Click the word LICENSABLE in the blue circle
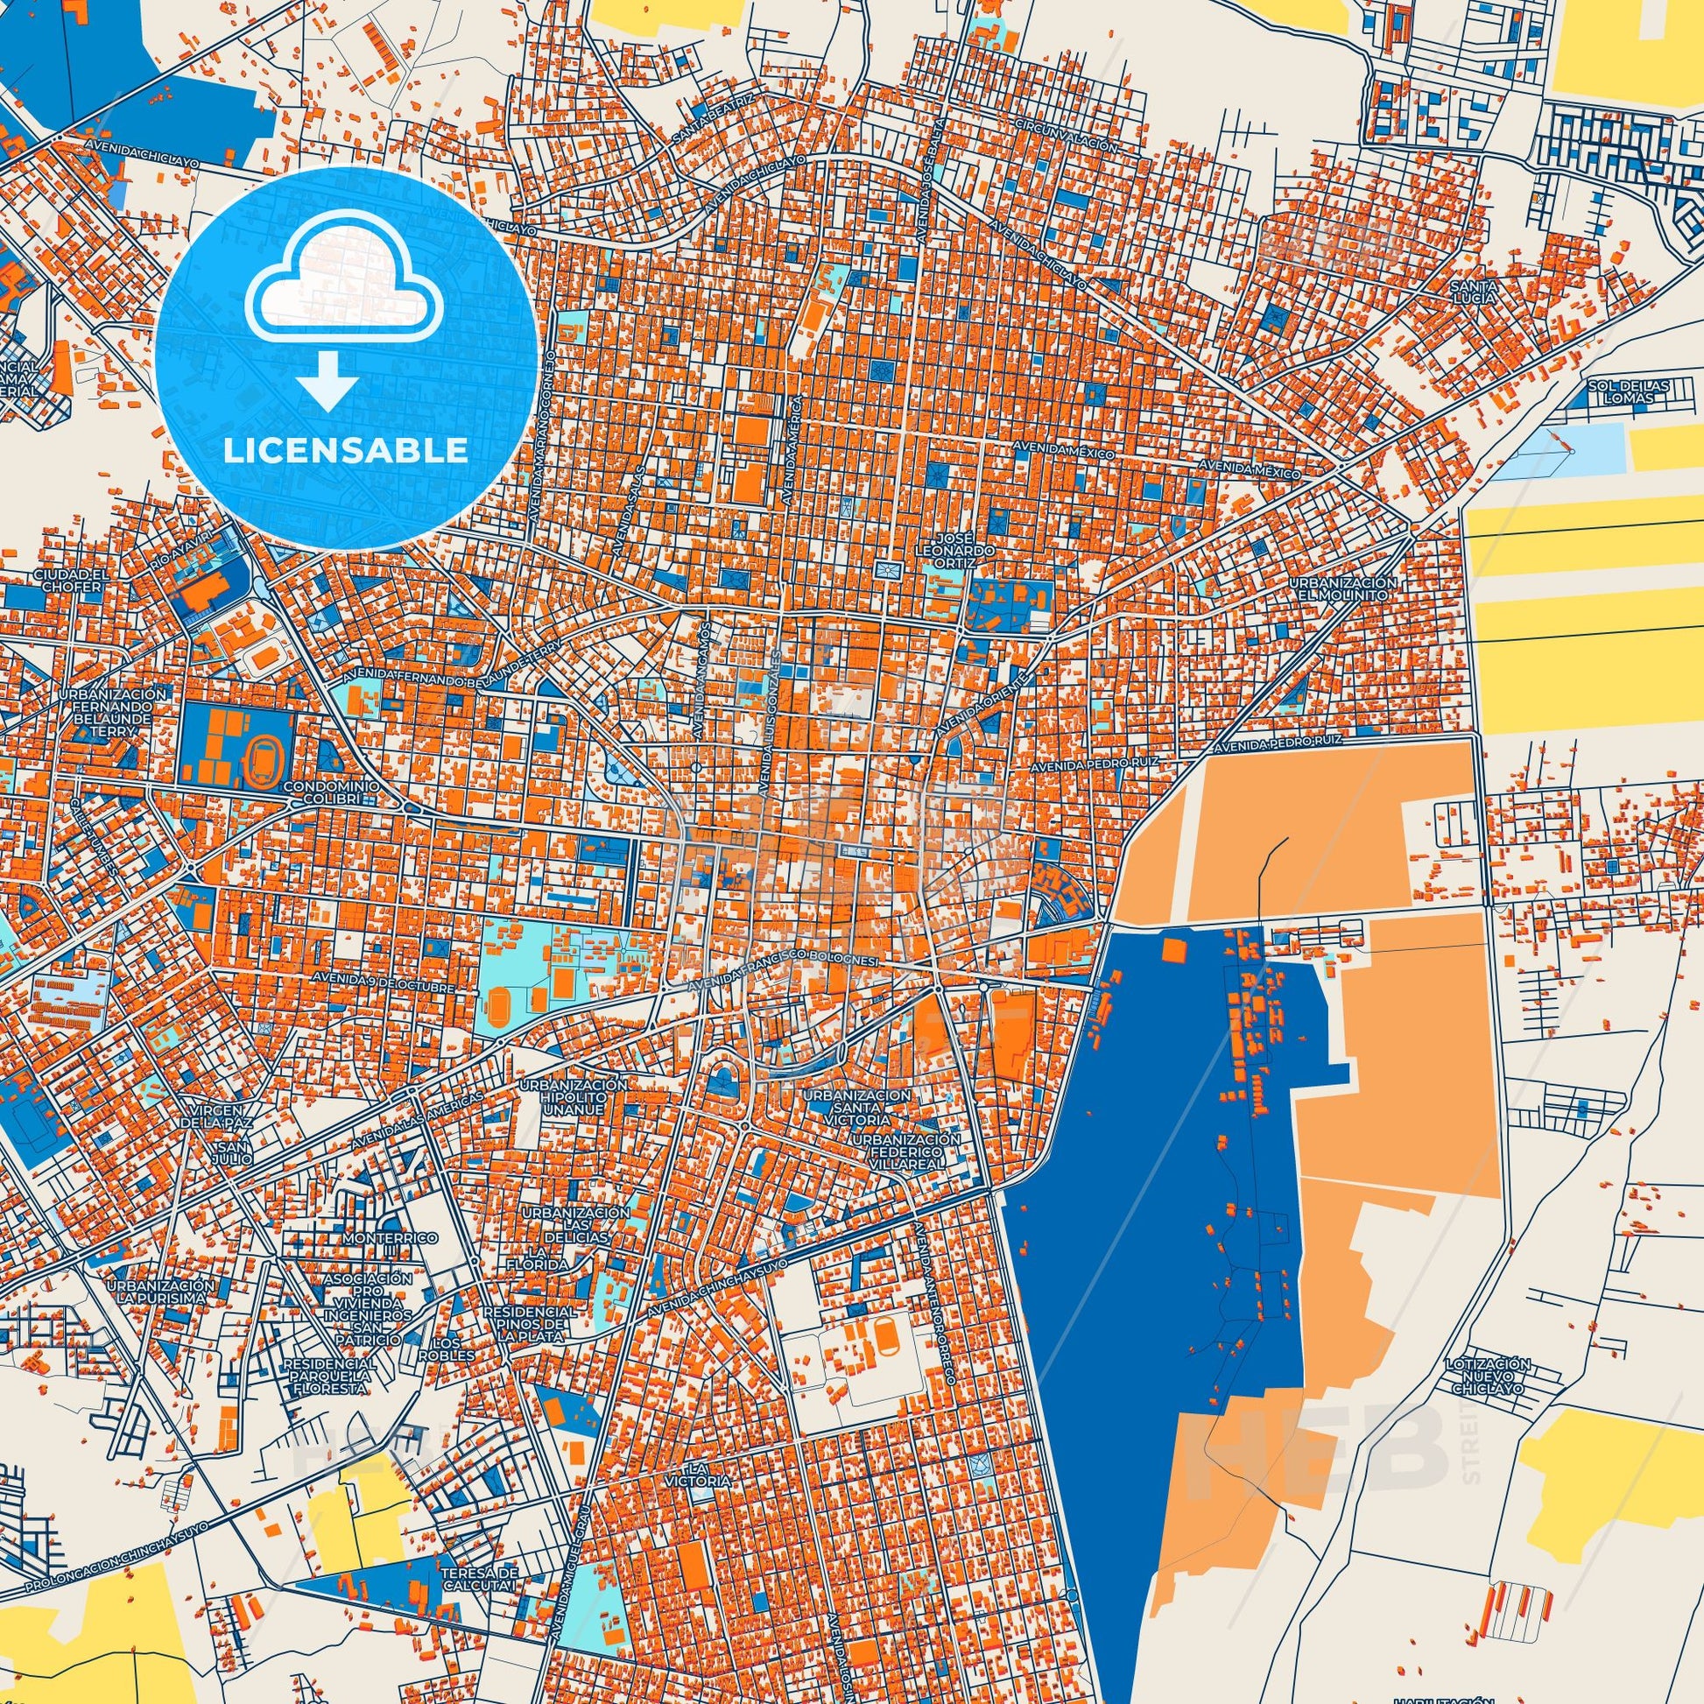[346, 451]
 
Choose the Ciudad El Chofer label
[70, 580]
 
